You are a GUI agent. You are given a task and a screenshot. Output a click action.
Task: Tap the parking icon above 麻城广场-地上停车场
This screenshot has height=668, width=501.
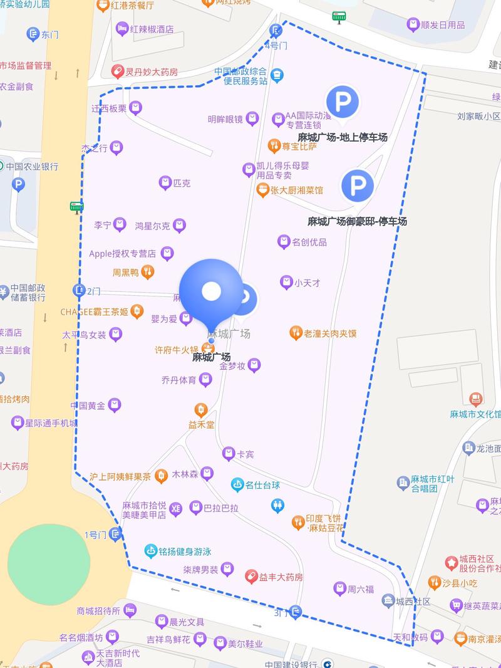tap(342, 101)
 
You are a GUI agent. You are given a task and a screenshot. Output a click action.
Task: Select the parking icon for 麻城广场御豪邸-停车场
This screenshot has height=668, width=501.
tap(357, 185)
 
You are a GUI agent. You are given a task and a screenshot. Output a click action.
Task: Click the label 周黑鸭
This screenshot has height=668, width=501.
tap(125, 273)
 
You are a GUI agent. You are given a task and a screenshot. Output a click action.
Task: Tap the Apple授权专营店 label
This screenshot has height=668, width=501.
tap(122, 254)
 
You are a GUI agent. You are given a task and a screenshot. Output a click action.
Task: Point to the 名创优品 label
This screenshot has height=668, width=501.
tap(309, 242)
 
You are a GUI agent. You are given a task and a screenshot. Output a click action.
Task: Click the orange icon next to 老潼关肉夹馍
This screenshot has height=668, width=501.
tap(296, 333)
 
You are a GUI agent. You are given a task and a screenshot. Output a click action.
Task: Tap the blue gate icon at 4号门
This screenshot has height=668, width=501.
tap(276, 29)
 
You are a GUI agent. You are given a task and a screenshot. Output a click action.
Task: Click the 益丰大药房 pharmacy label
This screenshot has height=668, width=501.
tap(281, 577)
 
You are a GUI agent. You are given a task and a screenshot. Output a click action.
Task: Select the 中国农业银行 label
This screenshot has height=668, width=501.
tap(32, 167)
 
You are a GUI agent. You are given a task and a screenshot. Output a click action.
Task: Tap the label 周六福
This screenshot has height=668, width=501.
tap(361, 589)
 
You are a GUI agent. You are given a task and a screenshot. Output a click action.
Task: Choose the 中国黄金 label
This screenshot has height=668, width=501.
tap(88, 405)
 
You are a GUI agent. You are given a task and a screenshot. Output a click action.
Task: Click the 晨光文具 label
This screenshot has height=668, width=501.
tap(187, 622)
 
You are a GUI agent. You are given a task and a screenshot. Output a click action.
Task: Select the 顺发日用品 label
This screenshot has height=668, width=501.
tap(443, 25)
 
